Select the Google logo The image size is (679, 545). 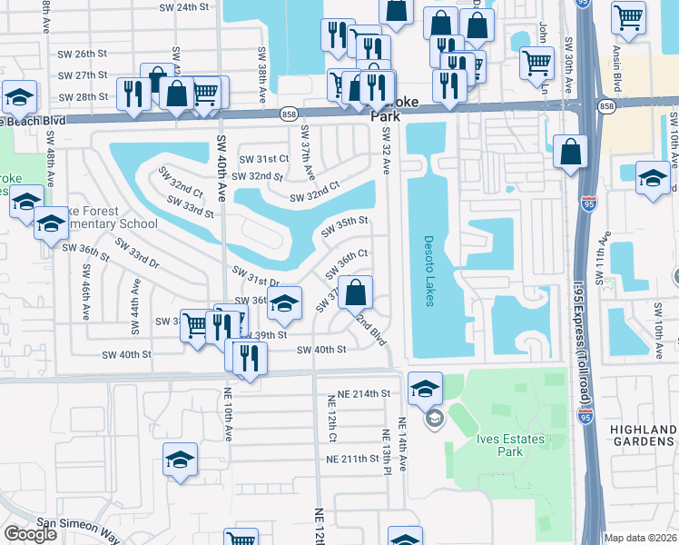pyautogui.click(x=30, y=534)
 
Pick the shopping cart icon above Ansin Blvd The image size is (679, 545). pyautogui.click(x=628, y=17)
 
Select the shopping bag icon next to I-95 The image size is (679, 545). pyautogui.click(x=570, y=154)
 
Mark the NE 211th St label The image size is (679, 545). pyautogui.click(x=352, y=459)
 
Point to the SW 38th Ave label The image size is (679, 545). pyautogui.click(x=261, y=66)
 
